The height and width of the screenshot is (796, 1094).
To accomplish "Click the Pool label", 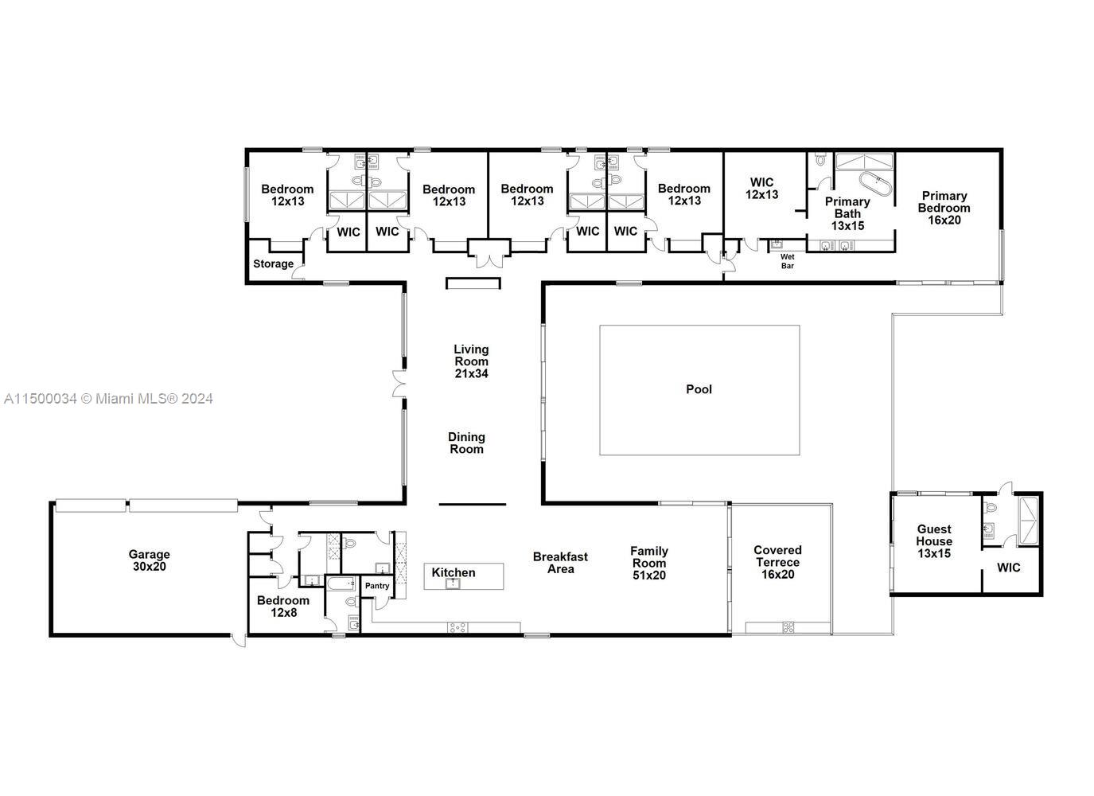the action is pyautogui.click(x=699, y=389).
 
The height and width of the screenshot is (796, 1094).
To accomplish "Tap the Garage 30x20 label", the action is pyautogui.click(x=150, y=560).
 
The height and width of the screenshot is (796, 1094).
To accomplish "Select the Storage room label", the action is pyautogui.click(x=273, y=263).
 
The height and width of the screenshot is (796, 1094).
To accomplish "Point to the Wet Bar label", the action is pyautogui.click(x=788, y=261).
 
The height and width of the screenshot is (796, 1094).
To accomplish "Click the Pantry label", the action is pyautogui.click(x=377, y=586).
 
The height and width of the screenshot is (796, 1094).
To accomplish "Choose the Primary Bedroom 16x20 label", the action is pyautogui.click(x=944, y=209).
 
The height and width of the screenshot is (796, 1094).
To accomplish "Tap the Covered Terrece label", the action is pyautogui.click(x=777, y=563).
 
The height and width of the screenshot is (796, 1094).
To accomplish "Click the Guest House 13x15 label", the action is pyautogui.click(x=934, y=541).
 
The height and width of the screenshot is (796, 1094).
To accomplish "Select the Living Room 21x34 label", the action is pyautogui.click(x=471, y=361).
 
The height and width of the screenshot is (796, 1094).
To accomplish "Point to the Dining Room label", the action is pyautogui.click(x=466, y=443).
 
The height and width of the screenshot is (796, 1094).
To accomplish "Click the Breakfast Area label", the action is pyautogui.click(x=560, y=563).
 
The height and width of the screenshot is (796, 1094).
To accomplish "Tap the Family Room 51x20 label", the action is pyautogui.click(x=649, y=564).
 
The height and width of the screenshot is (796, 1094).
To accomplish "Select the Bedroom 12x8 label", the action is pyautogui.click(x=283, y=607).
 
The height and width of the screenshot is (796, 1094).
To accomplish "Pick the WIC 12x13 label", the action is pyautogui.click(x=762, y=189).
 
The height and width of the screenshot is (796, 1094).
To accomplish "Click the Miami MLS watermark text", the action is pyautogui.click(x=108, y=400).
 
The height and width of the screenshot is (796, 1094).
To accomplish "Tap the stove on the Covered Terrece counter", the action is pyautogui.click(x=788, y=627).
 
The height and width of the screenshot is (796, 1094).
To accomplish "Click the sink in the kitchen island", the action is pyautogui.click(x=453, y=583).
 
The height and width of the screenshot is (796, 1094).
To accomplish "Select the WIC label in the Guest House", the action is pyautogui.click(x=1009, y=568).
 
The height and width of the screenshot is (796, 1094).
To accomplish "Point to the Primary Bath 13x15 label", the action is pyautogui.click(x=847, y=214).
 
